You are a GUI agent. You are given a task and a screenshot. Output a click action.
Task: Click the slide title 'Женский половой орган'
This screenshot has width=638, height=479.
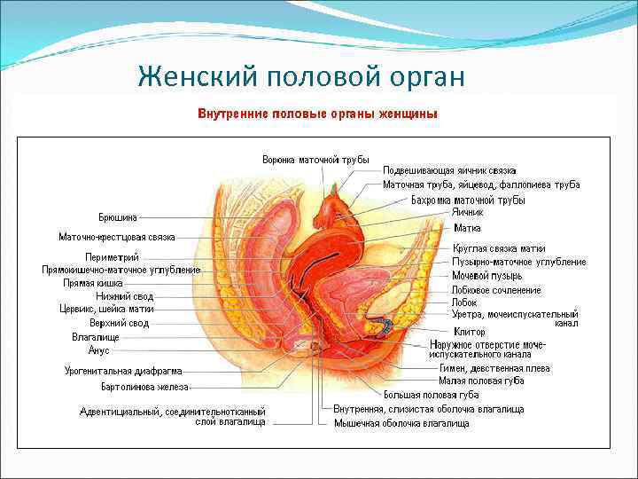(x=301, y=78)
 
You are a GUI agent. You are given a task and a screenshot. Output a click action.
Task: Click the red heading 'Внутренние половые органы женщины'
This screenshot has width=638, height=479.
(x=316, y=115)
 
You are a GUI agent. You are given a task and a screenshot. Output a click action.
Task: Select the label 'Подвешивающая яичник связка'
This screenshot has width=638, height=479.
(x=449, y=170)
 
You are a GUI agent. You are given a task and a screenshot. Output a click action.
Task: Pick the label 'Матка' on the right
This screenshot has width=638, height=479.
(x=467, y=228)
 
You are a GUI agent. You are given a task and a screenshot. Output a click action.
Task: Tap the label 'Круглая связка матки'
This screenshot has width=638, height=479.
(x=499, y=248)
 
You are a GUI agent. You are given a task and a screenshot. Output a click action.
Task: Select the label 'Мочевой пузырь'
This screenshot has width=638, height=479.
(x=486, y=276)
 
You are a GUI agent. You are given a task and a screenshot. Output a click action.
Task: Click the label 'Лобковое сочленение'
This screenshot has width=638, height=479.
(x=496, y=290)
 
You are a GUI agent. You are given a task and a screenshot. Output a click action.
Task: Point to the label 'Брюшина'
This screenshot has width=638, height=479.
(x=118, y=216)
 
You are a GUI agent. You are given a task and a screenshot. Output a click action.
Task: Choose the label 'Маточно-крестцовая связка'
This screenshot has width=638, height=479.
(x=116, y=237)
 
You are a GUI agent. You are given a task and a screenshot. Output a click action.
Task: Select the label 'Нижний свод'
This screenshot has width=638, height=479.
(x=124, y=296)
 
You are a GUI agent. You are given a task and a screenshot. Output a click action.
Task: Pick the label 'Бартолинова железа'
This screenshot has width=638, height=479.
(x=144, y=388)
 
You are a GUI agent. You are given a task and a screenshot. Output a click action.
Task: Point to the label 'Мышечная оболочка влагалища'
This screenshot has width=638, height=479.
(x=401, y=424)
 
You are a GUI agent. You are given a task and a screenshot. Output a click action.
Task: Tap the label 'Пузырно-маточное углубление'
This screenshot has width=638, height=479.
(x=519, y=262)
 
